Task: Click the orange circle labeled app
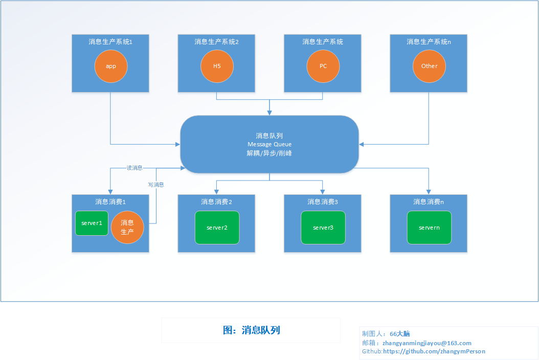[x=111, y=66]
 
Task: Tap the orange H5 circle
[x=217, y=66]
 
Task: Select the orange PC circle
[x=323, y=66]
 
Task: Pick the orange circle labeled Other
[x=429, y=66]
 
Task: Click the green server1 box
[x=92, y=223]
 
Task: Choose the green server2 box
[x=217, y=228]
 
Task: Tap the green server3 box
[x=323, y=228]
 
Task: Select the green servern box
[x=429, y=228]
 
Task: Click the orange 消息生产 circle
[x=127, y=227]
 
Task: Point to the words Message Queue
[x=269, y=144]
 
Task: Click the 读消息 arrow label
[x=134, y=168]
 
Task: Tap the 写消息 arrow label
[x=156, y=185]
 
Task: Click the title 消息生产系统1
[x=110, y=41]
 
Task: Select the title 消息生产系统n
[x=429, y=41]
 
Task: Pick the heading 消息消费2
[x=216, y=202]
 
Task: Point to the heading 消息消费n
[x=429, y=202]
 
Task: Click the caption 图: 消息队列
[x=251, y=330]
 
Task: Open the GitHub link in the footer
[x=434, y=351]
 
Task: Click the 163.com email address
[x=427, y=343]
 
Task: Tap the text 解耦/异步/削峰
[x=269, y=153]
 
